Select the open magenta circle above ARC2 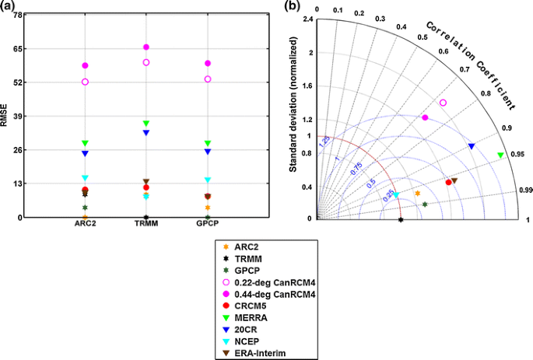(85, 82)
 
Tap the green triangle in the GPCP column (208, 144)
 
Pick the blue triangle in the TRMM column (146, 133)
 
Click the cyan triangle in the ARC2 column (85, 178)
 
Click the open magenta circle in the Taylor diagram (444, 103)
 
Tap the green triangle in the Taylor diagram (500, 156)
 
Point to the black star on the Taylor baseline (401, 220)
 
